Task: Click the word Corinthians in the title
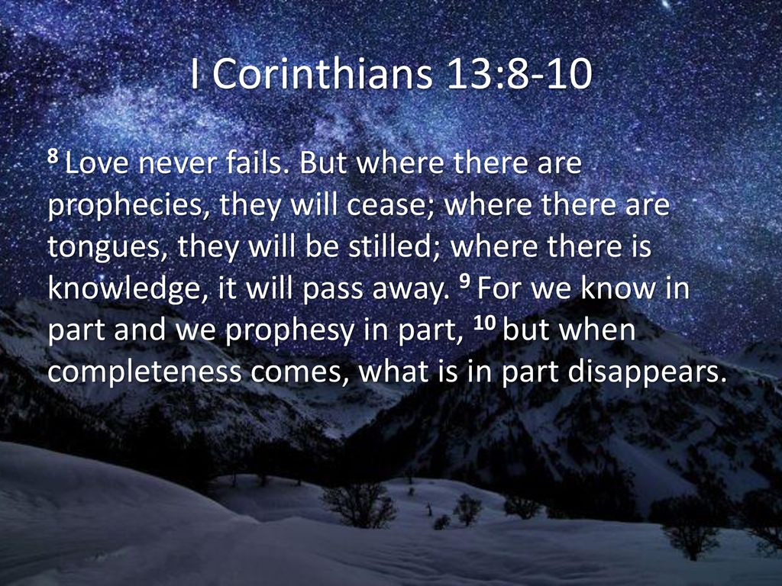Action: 323,74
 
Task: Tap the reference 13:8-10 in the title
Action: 519,74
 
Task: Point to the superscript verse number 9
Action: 464,282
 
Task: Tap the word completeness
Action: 144,372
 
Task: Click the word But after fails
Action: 323,163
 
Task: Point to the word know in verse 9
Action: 619,288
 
